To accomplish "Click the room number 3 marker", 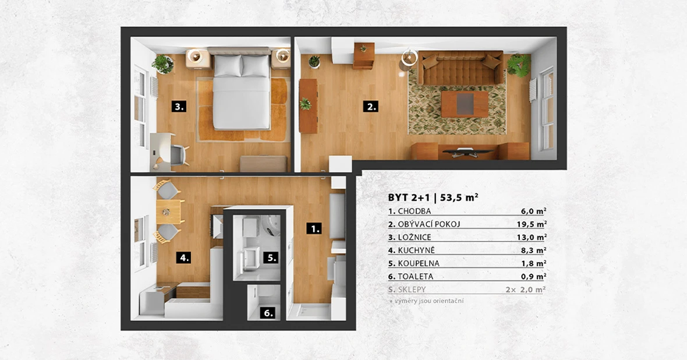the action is [x=179, y=106].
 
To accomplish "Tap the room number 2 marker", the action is [x=371, y=106].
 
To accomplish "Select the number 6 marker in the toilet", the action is [x=268, y=313].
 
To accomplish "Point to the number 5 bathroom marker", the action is [x=271, y=257].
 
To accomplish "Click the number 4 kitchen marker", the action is [x=183, y=257].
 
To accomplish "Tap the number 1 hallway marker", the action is [x=314, y=228].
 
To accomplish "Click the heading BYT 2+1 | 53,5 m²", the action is [x=433, y=197].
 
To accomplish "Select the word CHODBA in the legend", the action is [x=415, y=211].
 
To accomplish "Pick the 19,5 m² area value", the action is [x=532, y=224].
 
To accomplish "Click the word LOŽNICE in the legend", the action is [x=415, y=237].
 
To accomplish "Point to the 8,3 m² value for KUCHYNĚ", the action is [x=533, y=250].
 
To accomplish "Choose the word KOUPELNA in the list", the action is [x=419, y=263].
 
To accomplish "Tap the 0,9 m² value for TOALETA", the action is [x=533, y=277].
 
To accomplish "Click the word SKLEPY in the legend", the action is [x=412, y=290].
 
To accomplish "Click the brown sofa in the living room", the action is [x=460, y=68].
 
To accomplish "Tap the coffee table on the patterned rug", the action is [x=465, y=104].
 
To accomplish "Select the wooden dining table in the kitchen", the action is [x=169, y=212].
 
